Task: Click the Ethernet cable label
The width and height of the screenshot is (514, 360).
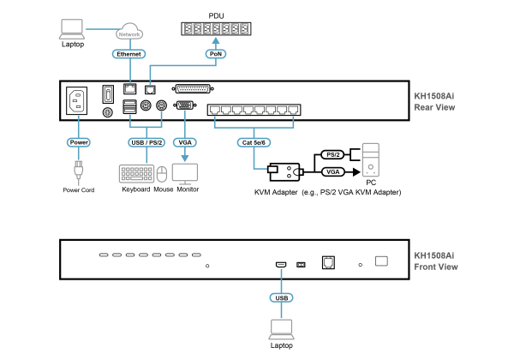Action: coord(128,54)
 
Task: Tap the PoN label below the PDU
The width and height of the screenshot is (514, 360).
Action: coord(216,54)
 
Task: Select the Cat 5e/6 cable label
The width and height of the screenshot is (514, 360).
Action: coord(254,142)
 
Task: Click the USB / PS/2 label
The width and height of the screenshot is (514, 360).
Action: coord(146,142)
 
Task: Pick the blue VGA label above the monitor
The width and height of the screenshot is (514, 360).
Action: coord(185,142)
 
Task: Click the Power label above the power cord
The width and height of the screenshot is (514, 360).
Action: coord(79,142)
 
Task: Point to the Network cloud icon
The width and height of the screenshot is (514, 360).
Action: coord(129,32)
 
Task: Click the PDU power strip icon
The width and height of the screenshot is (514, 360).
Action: coord(216,29)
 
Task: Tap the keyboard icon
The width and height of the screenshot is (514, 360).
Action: coord(136,174)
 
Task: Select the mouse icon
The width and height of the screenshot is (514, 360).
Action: coord(162,174)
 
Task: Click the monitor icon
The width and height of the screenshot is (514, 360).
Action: coord(185,174)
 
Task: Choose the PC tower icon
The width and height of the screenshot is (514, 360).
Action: coord(371,159)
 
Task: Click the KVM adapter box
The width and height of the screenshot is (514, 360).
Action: coord(284,171)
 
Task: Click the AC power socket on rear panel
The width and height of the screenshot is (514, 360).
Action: coord(77,100)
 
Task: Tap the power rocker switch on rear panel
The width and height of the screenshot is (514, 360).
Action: coord(108,94)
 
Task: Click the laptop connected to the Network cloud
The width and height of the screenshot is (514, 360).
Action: coord(72,29)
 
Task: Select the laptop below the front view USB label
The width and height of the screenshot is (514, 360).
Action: coord(282,329)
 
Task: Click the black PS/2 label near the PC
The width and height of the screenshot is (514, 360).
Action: coord(333,154)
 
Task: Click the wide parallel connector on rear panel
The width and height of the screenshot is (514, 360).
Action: coord(193,88)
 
